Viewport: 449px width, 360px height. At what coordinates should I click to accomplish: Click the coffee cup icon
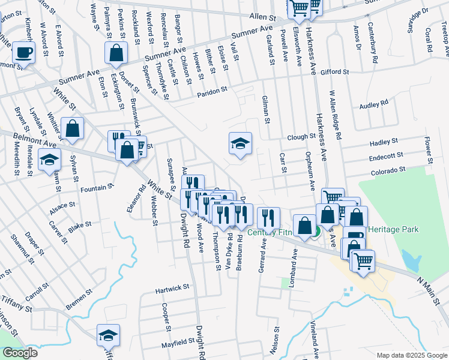coord(24,52)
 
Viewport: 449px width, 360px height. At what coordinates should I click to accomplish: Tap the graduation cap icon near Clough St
coord(240,143)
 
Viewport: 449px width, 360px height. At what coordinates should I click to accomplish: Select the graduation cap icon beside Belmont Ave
coord(49,160)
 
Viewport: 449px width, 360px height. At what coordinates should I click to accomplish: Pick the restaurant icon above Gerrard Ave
coord(268,217)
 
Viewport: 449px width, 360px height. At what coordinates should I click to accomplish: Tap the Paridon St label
coord(212,92)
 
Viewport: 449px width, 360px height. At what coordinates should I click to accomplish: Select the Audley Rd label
coord(373,103)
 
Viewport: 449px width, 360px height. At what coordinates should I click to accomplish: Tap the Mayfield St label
coord(178,343)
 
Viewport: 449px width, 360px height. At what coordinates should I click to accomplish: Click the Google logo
coord(20,353)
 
